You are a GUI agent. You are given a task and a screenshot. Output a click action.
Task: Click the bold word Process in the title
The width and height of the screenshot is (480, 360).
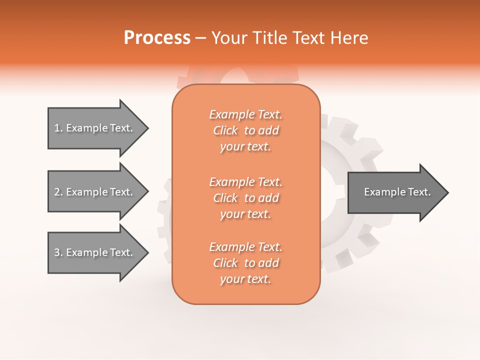tap(157, 38)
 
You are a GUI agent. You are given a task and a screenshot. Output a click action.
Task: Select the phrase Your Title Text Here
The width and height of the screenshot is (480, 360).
tap(289, 38)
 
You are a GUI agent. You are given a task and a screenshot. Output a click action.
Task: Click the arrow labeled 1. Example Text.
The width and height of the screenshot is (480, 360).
tap(95, 128)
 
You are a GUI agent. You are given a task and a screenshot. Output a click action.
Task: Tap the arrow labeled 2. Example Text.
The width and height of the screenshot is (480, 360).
tap(95, 192)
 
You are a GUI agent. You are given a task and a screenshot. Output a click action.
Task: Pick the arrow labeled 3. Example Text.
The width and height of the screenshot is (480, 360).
tap(95, 252)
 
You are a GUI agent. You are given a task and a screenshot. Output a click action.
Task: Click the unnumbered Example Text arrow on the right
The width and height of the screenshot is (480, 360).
tap(395, 192)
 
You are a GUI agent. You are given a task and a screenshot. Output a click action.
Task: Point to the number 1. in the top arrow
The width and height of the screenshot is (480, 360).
tap(58, 128)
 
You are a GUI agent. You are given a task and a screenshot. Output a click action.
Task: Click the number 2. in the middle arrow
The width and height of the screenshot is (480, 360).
tap(58, 192)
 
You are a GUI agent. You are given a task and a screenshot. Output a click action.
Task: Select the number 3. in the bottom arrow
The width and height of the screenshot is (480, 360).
tap(58, 252)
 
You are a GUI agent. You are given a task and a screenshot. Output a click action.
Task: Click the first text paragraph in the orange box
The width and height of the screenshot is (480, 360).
tap(245, 130)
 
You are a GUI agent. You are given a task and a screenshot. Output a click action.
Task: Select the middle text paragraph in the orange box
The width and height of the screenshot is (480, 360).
tap(245, 198)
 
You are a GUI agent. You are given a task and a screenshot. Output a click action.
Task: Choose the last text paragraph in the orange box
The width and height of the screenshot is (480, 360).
tap(245, 263)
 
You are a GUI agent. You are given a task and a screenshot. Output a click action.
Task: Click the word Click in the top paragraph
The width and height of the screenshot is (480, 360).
tap(225, 130)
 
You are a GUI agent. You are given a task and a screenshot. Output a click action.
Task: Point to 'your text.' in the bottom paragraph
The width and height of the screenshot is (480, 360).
tap(245, 279)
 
